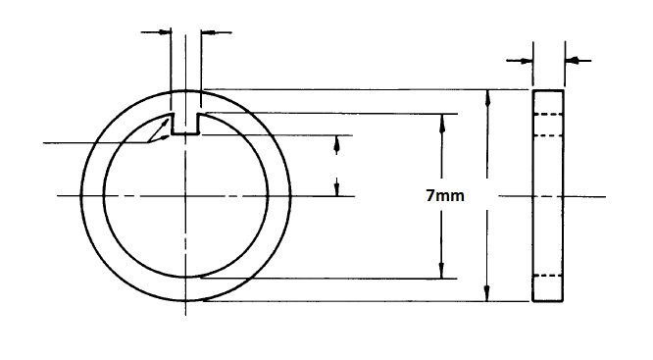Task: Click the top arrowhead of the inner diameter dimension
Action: (x=442, y=119)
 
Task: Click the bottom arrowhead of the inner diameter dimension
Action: (x=442, y=272)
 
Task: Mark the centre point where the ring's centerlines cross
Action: (x=185, y=195)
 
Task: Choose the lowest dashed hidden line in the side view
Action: (x=548, y=278)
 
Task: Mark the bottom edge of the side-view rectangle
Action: (x=548, y=300)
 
